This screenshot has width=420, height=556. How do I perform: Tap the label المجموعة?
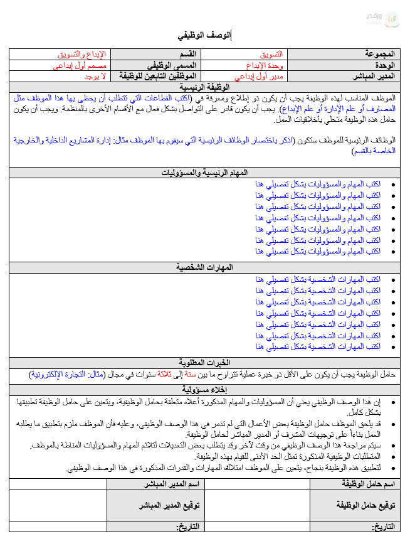[380, 55]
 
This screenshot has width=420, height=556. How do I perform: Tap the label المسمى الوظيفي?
[172, 65]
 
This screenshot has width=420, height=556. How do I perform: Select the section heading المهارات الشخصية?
[206, 267]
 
